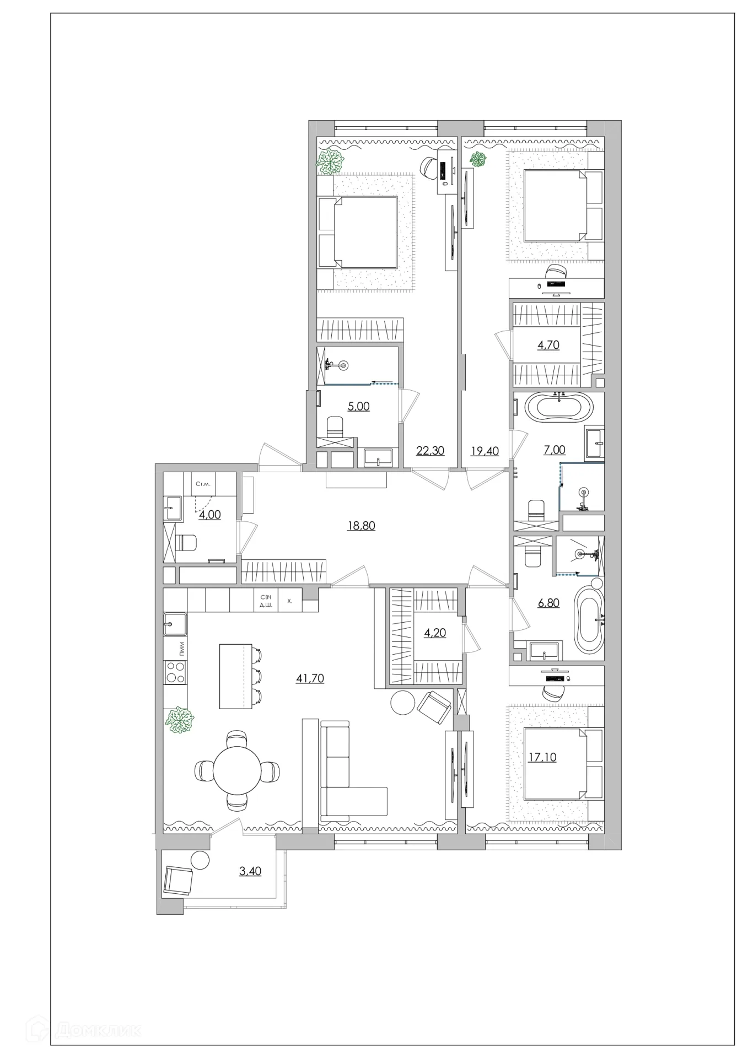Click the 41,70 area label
[x=310, y=678]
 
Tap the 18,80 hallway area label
[x=361, y=526]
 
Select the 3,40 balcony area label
[x=250, y=871]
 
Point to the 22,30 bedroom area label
[x=430, y=451]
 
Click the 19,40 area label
[x=485, y=451]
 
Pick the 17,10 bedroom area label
[x=542, y=757]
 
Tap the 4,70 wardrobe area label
[x=548, y=345]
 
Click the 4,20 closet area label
[x=435, y=633]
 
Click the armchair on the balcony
[x=179, y=881]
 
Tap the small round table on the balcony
[x=200, y=860]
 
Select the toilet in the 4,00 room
[x=185, y=543]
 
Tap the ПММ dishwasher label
[x=181, y=648]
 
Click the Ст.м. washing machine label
[x=203, y=484]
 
